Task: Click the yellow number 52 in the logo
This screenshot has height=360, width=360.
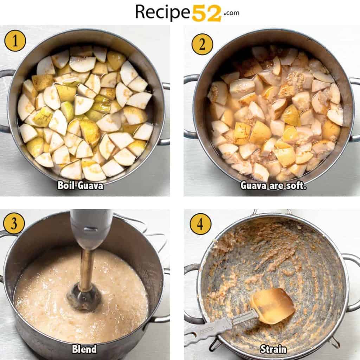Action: pyautogui.click(x=206, y=13)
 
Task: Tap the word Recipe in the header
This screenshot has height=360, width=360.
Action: pyautogui.click(x=162, y=12)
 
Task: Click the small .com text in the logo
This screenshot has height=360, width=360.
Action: pyautogui.click(x=231, y=13)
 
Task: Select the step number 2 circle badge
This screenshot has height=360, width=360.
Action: pyautogui.click(x=202, y=44)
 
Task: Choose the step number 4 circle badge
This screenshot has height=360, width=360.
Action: pyautogui.click(x=200, y=224)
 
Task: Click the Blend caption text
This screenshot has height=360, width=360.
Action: pyautogui.click(x=84, y=349)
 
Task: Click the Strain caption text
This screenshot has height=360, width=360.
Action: pyautogui.click(x=274, y=349)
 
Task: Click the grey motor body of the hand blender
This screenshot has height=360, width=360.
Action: pyautogui.click(x=91, y=230)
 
